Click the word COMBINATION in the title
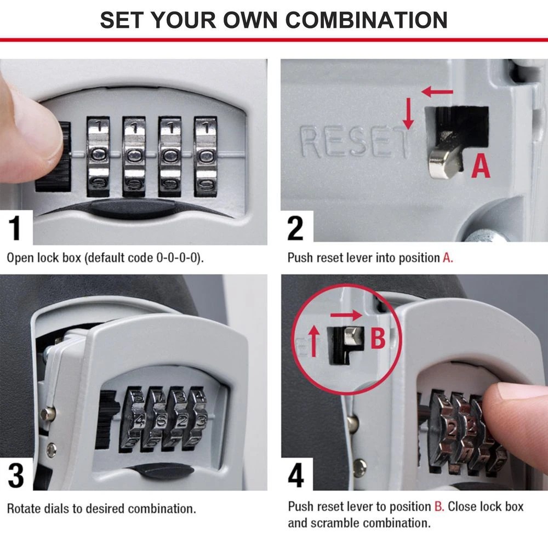(367, 19)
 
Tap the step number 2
(295, 228)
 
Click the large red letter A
(481, 165)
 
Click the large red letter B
(378, 339)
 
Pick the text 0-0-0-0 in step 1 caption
(174, 258)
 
